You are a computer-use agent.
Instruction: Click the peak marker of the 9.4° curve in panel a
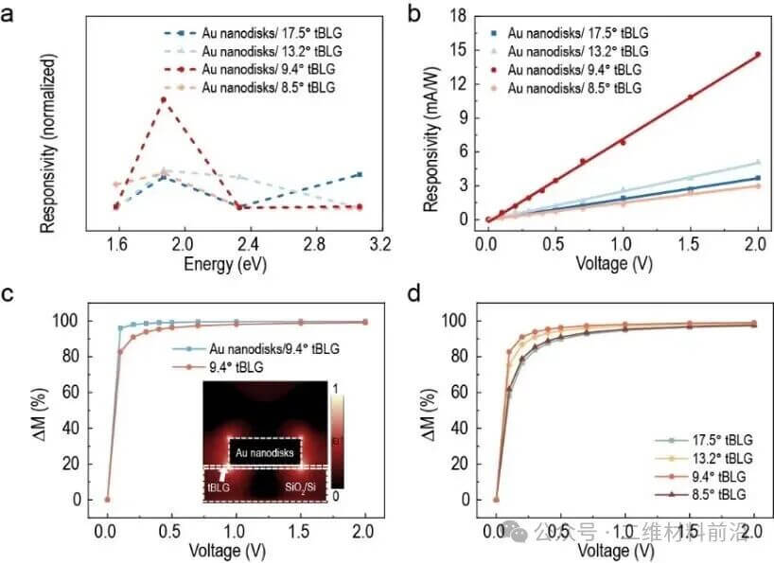(164, 99)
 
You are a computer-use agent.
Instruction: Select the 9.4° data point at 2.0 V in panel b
(757, 55)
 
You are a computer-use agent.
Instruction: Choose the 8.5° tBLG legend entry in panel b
(572, 88)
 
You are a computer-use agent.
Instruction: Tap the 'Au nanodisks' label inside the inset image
(267, 453)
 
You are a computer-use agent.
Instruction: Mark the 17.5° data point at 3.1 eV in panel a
(358, 174)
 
